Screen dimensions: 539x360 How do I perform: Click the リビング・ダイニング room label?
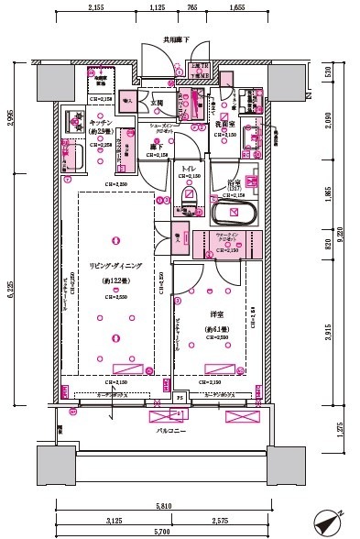click(x=115, y=265)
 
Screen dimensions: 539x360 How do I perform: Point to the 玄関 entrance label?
click(x=157, y=103)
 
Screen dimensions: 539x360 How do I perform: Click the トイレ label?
click(x=188, y=170)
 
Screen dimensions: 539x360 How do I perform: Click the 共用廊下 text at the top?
click(x=176, y=39)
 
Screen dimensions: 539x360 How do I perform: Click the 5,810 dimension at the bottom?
click(x=162, y=506)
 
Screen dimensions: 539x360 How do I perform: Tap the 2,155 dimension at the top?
click(x=101, y=7)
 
